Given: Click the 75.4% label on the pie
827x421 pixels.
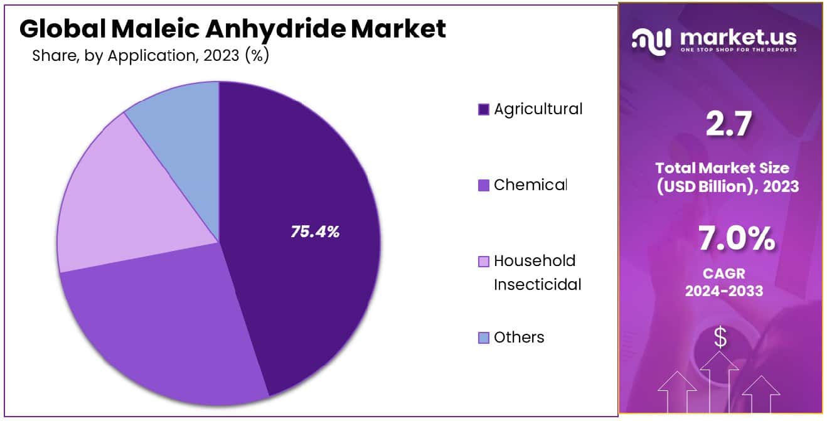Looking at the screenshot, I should pyautogui.click(x=314, y=232).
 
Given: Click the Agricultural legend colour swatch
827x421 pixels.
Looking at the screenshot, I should pyautogui.click(x=483, y=110).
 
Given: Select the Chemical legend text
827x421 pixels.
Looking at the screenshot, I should pyautogui.click(x=530, y=185).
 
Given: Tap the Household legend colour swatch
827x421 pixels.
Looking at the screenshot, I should pyautogui.click(x=483, y=261).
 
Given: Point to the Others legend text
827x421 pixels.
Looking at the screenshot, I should pyautogui.click(x=519, y=338).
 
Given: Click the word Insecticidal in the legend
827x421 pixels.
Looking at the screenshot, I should pyautogui.click(x=537, y=285).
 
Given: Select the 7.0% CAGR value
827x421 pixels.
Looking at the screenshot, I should pyautogui.click(x=736, y=239).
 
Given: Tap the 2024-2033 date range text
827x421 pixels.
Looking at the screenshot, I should pyautogui.click(x=724, y=291).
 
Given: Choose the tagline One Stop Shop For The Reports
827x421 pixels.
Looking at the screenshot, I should pyautogui.click(x=738, y=50).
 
